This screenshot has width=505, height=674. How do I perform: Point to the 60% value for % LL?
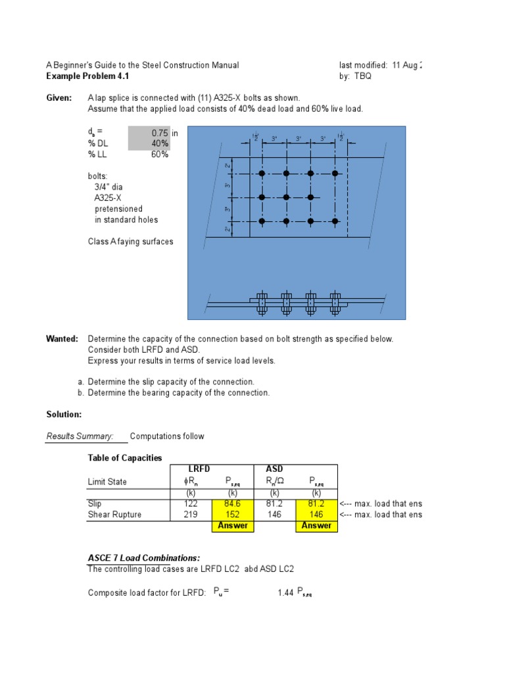point(159,155)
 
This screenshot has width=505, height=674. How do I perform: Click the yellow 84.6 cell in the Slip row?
point(232,504)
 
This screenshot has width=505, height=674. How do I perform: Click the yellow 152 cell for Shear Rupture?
point(232,515)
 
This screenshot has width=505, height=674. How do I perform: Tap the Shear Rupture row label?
point(114,515)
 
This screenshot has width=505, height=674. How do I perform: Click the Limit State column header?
point(107,482)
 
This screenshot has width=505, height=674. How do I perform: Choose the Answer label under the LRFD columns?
point(232,526)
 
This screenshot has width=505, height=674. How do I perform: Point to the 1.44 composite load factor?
point(285,593)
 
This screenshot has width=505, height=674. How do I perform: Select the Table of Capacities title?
point(125,458)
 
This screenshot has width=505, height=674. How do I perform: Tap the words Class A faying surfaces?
point(131,242)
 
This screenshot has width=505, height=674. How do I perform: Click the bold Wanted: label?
point(62,339)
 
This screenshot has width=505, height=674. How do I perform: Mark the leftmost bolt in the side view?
point(262,301)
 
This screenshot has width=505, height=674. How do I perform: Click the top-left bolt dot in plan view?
point(262,174)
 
